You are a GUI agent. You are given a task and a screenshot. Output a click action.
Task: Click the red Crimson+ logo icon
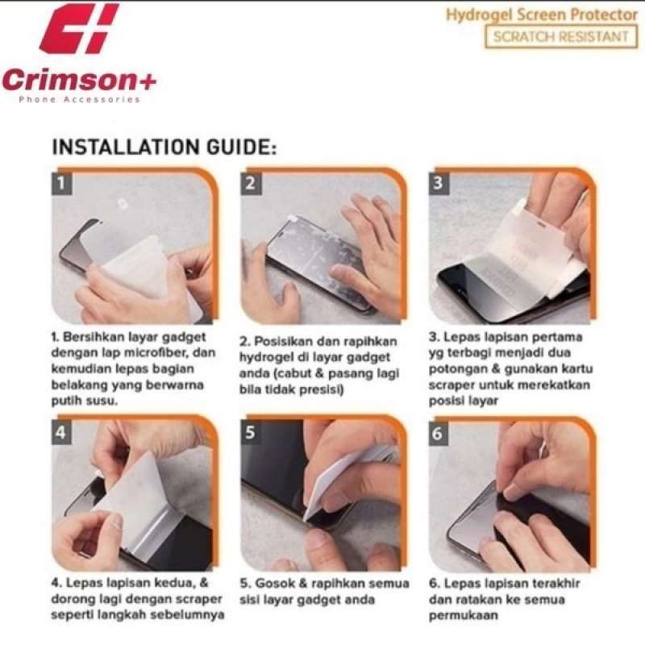coord(79,28)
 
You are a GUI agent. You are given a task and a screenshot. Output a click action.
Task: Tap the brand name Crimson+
coord(79,79)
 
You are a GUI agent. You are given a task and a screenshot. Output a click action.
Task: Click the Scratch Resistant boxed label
coord(561,36)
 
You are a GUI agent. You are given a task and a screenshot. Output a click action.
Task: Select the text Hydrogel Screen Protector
coord(542,15)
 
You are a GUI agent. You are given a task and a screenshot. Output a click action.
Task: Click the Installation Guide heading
coord(164,148)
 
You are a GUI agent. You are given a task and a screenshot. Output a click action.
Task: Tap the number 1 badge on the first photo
coord(62,183)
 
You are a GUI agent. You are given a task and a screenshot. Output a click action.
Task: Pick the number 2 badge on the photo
coord(251,183)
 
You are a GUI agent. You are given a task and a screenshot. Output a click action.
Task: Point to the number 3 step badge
coord(439,183)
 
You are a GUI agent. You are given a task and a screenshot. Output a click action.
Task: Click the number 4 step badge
coord(62,432)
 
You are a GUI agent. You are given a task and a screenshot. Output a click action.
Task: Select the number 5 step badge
coord(251,432)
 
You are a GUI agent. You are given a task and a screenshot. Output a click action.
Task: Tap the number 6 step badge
coord(439,433)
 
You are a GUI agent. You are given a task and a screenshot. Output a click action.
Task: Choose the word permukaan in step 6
coord(463,616)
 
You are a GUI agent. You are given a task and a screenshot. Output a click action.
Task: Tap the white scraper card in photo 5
coord(329,485)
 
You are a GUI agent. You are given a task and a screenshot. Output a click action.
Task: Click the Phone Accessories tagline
coord(79,99)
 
